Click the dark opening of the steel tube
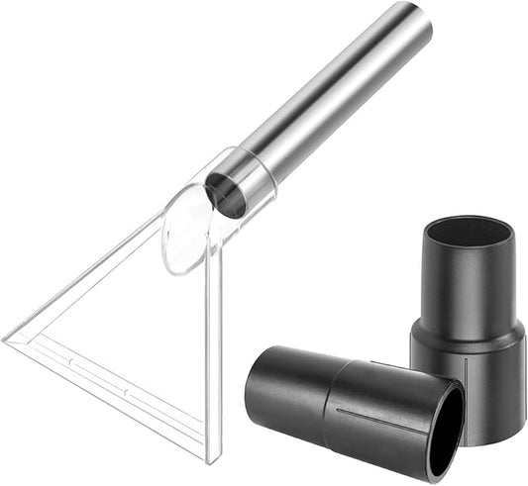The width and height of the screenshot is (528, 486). (227, 193)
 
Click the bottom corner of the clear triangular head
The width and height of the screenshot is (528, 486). (209, 458)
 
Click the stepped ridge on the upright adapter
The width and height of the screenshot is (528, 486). (467, 334)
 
